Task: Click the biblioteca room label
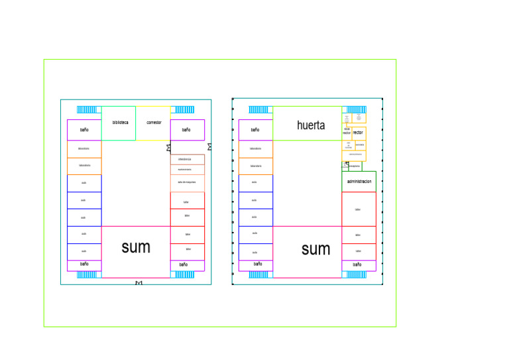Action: [x=120, y=123]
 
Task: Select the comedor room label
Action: [x=154, y=123]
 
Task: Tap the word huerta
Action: [x=311, y=125]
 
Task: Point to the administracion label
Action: [x=359, y=181]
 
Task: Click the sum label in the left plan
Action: [x=136, y=248]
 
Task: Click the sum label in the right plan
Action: [x=315, y=249]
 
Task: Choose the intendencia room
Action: [x=185, y=159]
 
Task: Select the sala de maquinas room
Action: [x=187, y=182]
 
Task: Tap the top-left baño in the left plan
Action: [x=84, y=130]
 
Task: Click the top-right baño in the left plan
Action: [x=186, y=130]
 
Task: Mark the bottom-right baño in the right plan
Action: [x=358, y=265]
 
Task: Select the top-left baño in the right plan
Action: [x=255, y=130]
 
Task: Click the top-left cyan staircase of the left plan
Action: [x=87, y=110]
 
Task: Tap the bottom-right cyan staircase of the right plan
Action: [x=355, y=274]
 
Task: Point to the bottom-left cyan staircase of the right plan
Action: [x=258, y=274]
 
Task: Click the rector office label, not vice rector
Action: [x=358, y=133]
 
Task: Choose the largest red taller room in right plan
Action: [x=359, y=209]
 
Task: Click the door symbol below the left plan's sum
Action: [x=139, y=284]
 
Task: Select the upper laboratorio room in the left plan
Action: [x=84, y=149]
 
